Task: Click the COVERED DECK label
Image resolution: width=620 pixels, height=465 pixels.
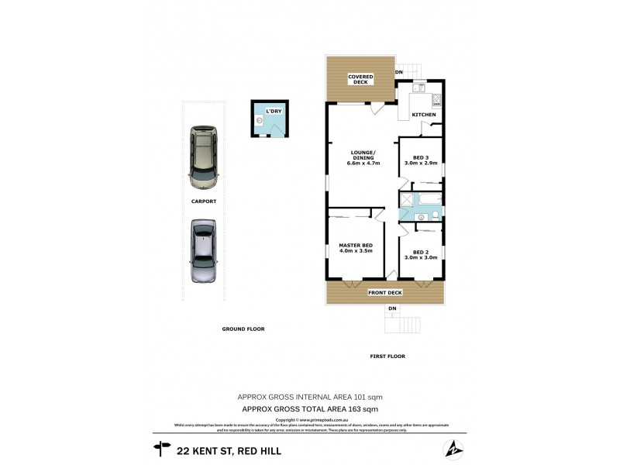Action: pos(361,79)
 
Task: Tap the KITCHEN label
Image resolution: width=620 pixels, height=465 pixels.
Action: pos(424,115)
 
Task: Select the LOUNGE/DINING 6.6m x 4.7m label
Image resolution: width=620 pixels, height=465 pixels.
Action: pos(363,158)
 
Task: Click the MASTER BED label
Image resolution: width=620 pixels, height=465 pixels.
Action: pos(356,249)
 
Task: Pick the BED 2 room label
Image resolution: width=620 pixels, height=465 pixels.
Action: pos(421,255)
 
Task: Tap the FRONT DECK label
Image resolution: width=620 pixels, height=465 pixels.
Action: pos(384,292)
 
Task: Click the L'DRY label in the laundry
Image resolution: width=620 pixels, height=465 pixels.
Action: pos(274,112)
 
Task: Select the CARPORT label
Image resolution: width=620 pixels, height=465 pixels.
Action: pos(204,201)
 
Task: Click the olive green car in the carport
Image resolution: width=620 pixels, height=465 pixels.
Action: pos(204,157)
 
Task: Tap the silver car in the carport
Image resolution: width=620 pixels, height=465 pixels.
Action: pos(203,251)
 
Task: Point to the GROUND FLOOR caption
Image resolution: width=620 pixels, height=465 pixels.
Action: pos(243,329)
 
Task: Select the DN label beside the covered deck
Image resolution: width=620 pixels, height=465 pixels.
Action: pos(400,73)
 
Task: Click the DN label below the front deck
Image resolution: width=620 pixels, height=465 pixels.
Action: pos(392,309)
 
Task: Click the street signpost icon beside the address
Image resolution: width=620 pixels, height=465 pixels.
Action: pos(162,448)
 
